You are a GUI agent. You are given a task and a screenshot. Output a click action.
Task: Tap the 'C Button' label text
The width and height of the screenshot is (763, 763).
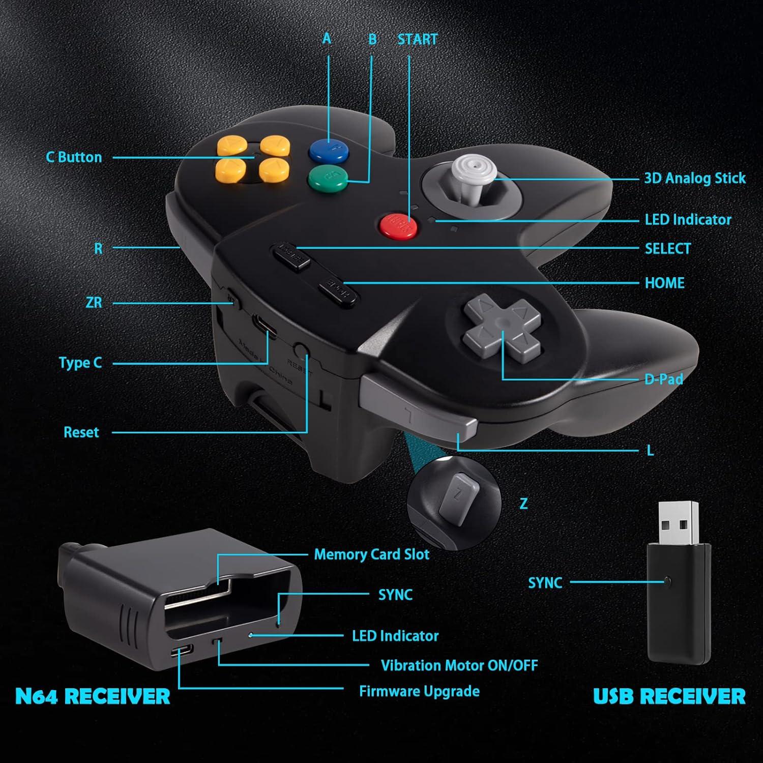[74, 157]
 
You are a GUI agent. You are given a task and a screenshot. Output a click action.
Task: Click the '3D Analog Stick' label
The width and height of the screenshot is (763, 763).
[694, 179]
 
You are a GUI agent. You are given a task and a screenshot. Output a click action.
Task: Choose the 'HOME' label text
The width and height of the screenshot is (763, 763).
[664, 283]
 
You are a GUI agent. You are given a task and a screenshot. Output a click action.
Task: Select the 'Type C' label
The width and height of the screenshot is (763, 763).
[80, 363]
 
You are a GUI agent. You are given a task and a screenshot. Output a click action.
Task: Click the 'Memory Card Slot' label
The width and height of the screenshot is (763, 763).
[371, 554]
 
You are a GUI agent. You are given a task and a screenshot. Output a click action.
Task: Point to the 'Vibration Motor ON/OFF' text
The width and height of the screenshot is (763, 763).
[459, 665]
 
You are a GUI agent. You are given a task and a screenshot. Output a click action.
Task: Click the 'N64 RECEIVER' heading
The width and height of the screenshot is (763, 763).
[93, 696]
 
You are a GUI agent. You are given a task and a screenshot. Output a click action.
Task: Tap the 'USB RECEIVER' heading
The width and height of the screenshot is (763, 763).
[669, 696]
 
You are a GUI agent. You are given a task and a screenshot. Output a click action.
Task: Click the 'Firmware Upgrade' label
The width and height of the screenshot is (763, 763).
[419, 691]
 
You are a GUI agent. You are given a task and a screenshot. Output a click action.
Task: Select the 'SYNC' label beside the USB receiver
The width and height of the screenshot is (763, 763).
[545, 583]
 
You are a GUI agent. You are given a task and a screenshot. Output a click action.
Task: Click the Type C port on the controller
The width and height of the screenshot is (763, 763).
[265, 326]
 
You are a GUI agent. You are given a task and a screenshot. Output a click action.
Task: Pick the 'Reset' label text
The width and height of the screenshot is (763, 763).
[81, 433]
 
